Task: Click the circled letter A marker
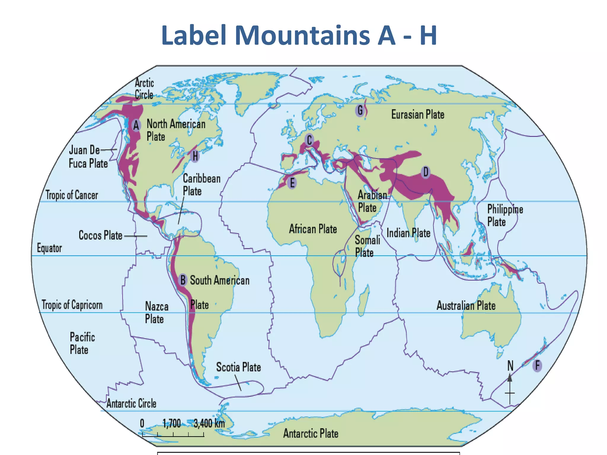coord(136,125)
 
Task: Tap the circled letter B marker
coord(183,280)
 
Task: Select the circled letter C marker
coord(309,140)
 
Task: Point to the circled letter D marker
coord(426,172)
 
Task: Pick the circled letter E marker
coord(292,183)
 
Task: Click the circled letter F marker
coord(537,365)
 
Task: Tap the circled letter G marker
coord(360,110)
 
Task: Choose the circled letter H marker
coord(195,156)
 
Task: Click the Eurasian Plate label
coord(417,114)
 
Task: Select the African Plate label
coord(313,229)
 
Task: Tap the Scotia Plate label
coord(238,367)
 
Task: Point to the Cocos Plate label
coord(100,235)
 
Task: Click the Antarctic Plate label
coord(311,433)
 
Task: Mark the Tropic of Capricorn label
coord(72,305)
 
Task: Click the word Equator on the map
coord(49,248)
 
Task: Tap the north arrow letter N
coord(510,366)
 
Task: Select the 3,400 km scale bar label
coord(209,423)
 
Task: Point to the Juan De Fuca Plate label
coord(88,156)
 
